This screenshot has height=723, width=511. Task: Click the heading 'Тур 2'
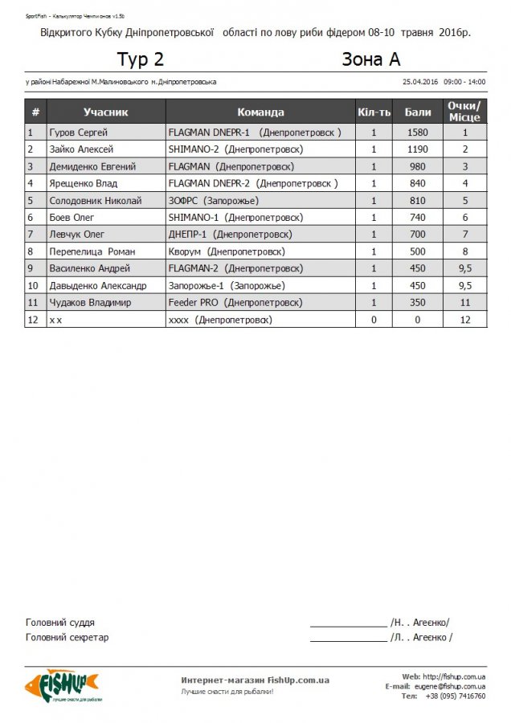pos(141,59)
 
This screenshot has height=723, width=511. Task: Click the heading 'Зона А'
pos(370,59)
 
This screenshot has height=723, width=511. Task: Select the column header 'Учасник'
pos(105,112)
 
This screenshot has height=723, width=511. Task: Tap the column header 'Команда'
pos(260,112)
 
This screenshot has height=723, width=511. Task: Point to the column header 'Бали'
pos(418,112)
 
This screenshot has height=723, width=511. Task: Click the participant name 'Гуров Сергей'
pos(79,133)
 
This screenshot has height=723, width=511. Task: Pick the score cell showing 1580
pos(418,133)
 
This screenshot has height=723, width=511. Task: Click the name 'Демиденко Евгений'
pos(92,166)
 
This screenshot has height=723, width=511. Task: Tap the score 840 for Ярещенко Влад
pos(418,183)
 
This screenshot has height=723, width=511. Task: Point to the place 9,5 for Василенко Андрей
pos(464,268)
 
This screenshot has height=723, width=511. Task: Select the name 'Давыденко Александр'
pos(98,285)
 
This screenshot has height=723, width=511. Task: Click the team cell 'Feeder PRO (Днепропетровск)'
pos(235,303)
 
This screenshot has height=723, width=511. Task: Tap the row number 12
pos(34,320)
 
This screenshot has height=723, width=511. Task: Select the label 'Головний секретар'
pos(67,638)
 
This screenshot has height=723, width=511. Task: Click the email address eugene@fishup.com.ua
pos(449,686)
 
